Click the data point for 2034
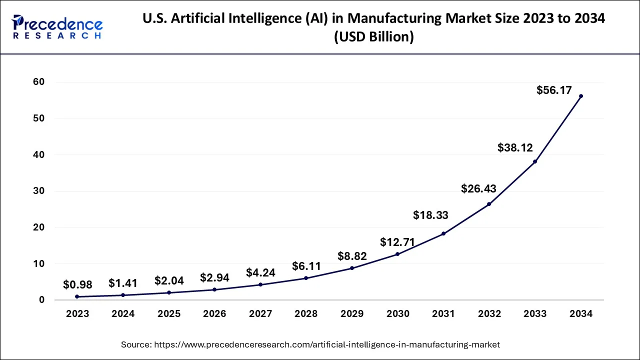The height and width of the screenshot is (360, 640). pyautogui.click(x=580, y=96)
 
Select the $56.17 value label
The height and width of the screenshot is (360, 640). pyautogui.click(x=554, y=90)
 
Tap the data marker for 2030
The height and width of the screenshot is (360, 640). pyautogui.click(x=397, y=254)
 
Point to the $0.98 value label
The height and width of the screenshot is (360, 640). pyautogui.click(x=77, y=284)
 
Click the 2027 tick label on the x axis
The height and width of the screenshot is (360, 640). pyautogui.click(x=260, y=314)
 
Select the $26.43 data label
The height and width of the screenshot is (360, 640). pyautogui.click(x=478, y=188)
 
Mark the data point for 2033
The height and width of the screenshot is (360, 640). pyautogui.click(x=535, y=161)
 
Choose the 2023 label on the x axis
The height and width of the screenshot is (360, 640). pyautogui.click(x=77, y=314)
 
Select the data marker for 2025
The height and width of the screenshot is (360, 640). pyautogui.click(x=169, y=292)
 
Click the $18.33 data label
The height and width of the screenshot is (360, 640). pyautogui.click(x=430, y=215)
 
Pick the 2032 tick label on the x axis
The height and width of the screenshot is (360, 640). pyautogui.click(x=489, y=314)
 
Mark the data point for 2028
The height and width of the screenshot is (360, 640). pyautogui.click(x=306, y=278)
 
